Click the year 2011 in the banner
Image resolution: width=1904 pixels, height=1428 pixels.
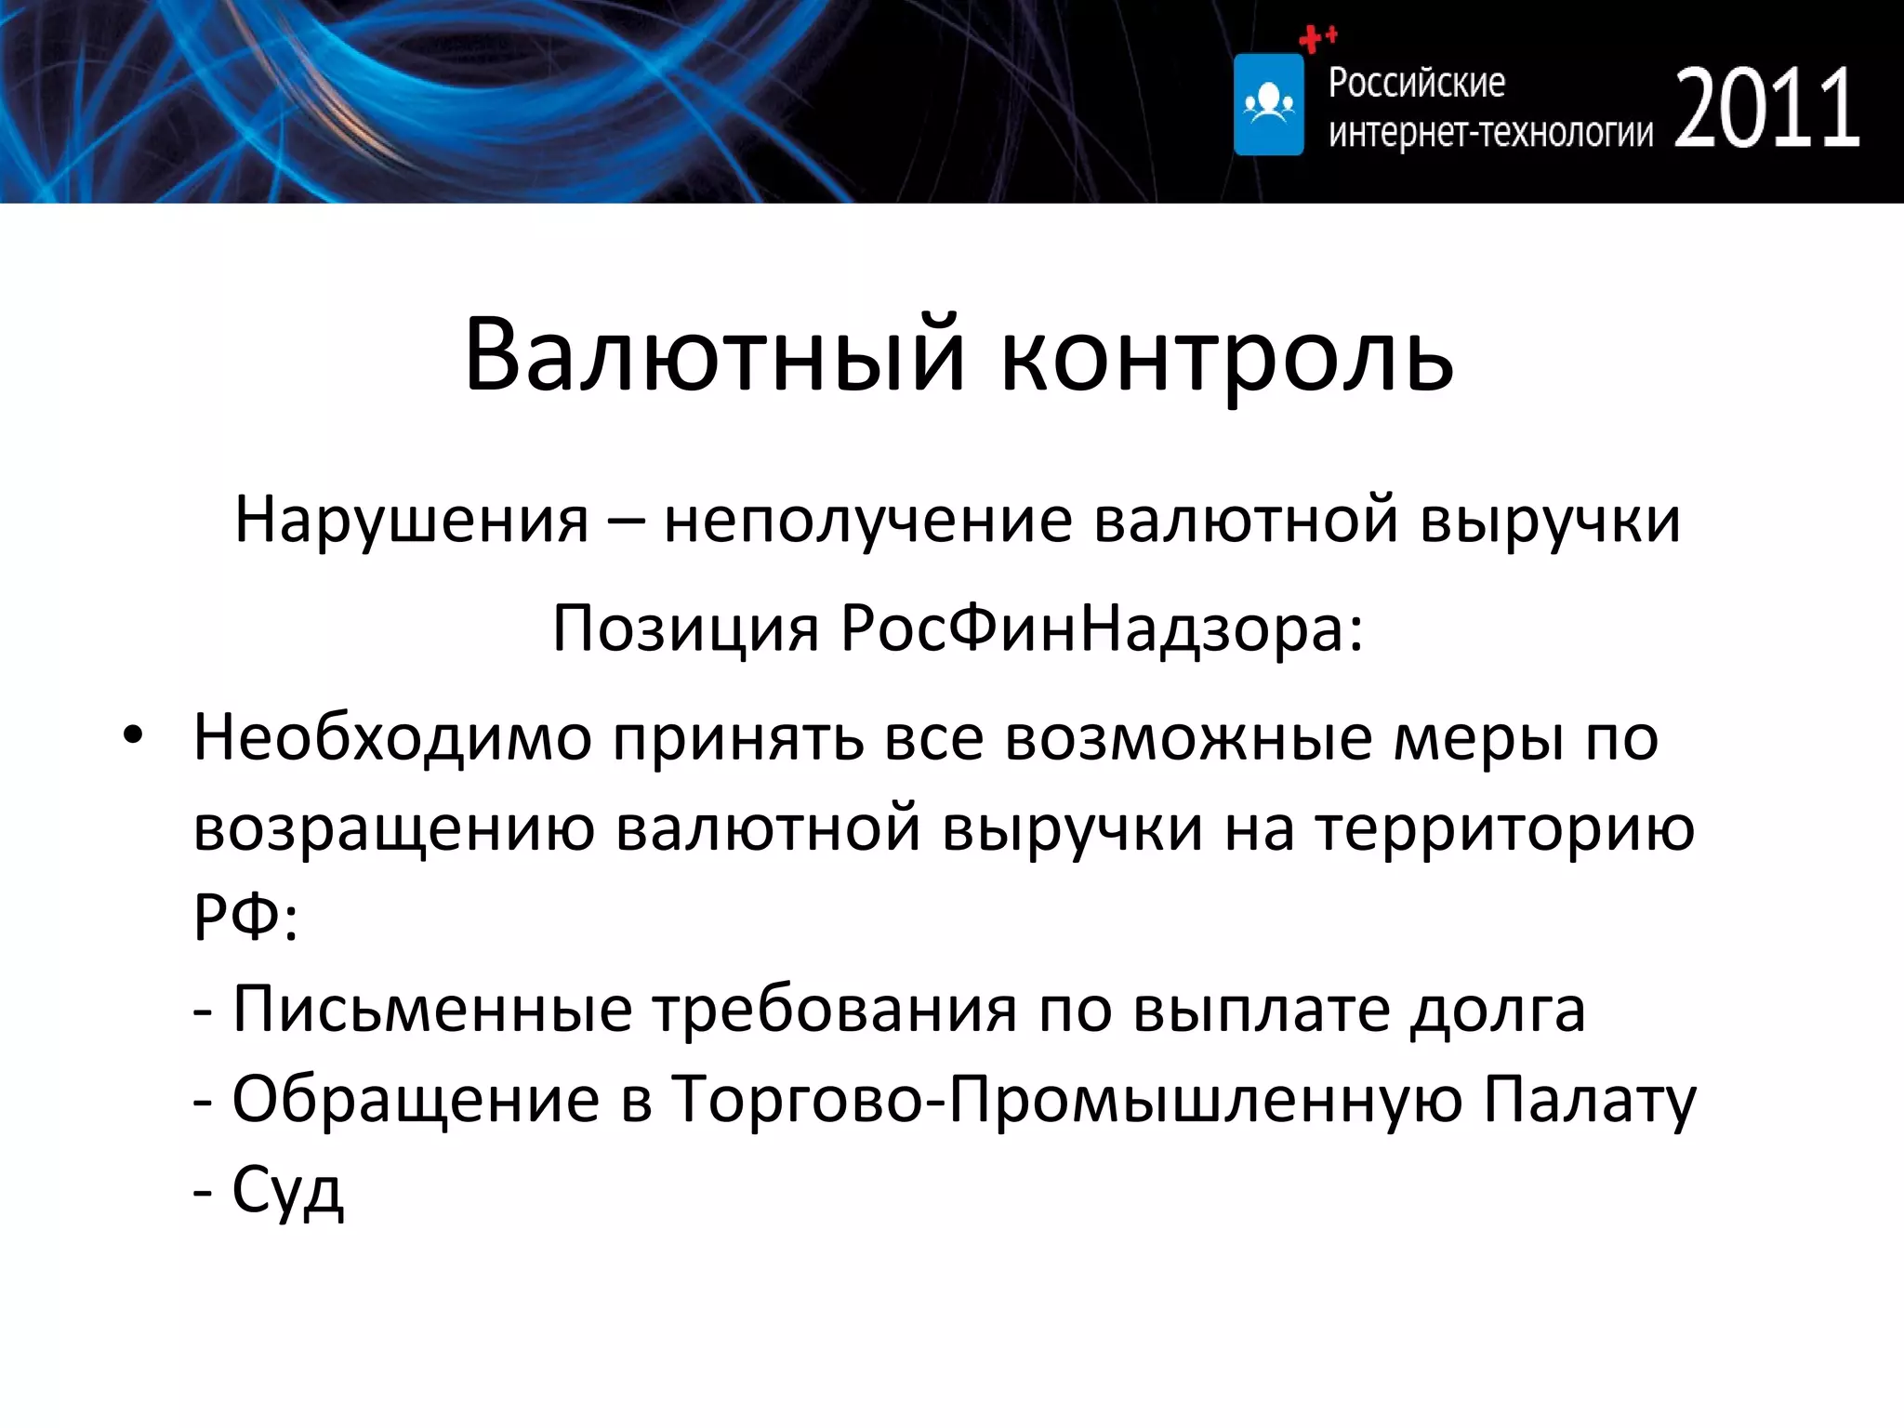pos(1766,109)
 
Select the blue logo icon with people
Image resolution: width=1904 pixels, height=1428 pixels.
pos(1268,104)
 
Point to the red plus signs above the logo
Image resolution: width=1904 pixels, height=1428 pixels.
pos(1316,38)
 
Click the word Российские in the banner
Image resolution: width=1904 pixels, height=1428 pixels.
pos(1416,83)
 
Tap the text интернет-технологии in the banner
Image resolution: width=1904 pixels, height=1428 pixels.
pos(1490,133)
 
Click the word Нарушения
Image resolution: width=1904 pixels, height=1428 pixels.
pos(412,520)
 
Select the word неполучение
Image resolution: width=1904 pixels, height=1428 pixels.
pos(868,520)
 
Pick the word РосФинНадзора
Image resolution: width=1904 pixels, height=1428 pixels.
pos(1102,628)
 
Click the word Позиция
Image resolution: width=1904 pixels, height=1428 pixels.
pos(685,628)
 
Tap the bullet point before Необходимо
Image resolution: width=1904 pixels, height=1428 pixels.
pos(133,735)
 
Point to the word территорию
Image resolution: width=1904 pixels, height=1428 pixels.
pos(1505,828)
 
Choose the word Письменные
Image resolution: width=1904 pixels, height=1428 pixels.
pos(432,1009)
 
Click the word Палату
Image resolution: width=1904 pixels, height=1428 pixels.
pos(1589,1100)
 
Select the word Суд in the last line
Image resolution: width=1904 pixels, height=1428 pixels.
pos(287,1190)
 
